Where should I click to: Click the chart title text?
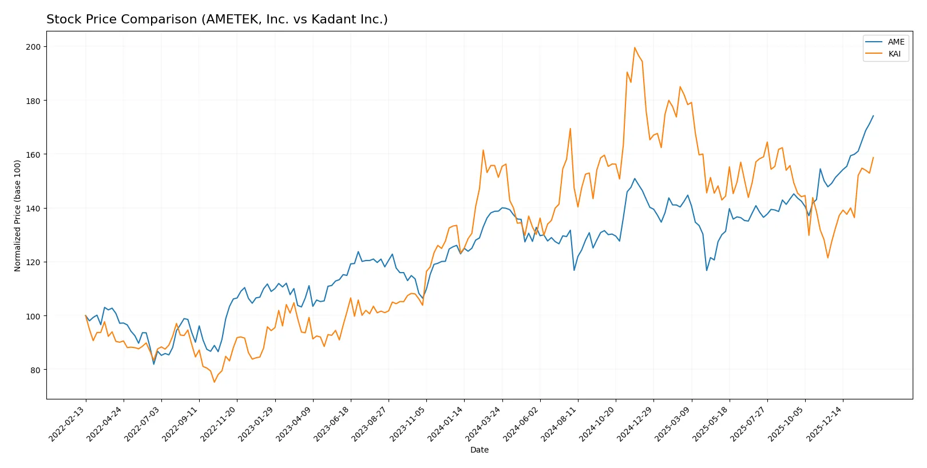tap(217, 19)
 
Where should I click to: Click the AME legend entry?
tap(896, 42)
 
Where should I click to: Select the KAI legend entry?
tap(894, 54)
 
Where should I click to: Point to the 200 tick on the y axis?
tap(33, 47)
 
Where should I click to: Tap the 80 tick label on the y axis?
tap(35, 370)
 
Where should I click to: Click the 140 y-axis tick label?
tap(33, 209)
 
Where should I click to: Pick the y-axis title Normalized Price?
tap(18, 215)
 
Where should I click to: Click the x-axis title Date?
tap(479, 450)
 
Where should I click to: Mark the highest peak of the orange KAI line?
tap(635, 47)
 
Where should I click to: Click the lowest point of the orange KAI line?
tap(215, 382)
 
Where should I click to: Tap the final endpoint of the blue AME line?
tap(873, 116)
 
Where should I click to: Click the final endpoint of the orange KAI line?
tap(873, 157)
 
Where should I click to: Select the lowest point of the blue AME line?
tap(154, 364)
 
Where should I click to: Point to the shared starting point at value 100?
tap(86, 315)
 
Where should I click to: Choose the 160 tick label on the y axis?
tap(33, 155)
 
